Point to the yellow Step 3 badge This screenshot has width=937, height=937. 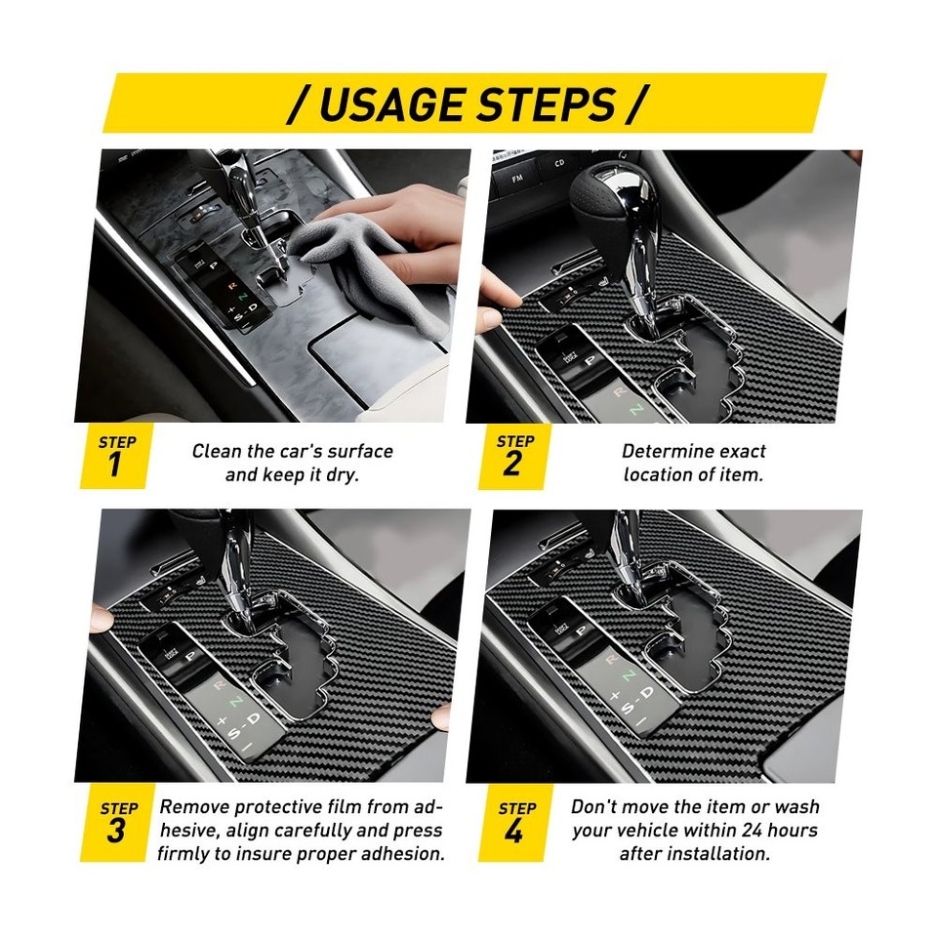coord(116,822)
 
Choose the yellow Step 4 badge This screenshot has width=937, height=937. coord(513,822)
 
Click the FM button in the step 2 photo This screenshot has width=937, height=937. coord(511,178)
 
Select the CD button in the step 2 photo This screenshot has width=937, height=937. coord(557,166)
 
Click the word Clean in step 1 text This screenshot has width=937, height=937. coord(217,451)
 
